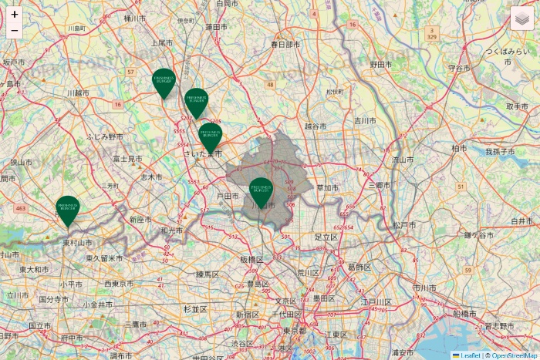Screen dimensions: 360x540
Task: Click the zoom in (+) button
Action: [15, 14]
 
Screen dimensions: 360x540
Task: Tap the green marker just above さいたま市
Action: [211, 137]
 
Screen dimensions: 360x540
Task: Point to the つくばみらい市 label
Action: [511, 51]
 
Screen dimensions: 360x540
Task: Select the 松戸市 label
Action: [404, 225]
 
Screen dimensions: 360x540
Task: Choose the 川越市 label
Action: [78, 93]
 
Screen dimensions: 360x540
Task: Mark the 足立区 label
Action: [326, 237]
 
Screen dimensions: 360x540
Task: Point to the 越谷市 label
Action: [316, 126]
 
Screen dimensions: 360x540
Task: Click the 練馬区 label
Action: [208, 274]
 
